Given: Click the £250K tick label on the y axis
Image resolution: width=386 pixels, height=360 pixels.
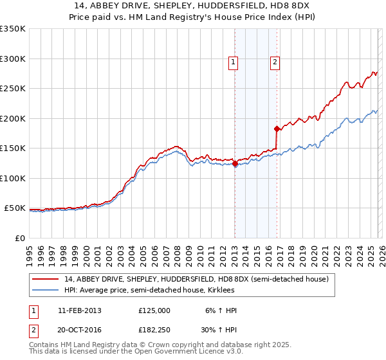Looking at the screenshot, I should (x=13, y=89).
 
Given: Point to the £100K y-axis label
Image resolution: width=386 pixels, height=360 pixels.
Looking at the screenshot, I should (x=13, y=178).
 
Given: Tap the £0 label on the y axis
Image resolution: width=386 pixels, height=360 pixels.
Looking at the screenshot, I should (x=20, y=238).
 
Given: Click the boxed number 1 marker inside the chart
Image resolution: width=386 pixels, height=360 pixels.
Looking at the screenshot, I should (x=232, y=62).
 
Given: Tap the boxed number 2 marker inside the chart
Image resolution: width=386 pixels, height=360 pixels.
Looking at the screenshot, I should (x=275, y=62).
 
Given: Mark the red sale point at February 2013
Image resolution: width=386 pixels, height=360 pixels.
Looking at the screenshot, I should (x=235, y=164).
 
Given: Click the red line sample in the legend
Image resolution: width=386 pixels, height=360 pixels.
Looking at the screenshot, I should (x=46, y=279).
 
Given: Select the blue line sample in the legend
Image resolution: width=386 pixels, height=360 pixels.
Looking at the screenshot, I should (x=46, y=291).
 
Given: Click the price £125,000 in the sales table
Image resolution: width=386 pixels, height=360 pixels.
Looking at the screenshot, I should (x=154, y=310).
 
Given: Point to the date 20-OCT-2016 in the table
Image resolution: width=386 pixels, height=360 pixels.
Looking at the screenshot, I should (x=79, y=328).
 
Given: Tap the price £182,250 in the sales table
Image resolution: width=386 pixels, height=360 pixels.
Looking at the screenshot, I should (x=154, y=328).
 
